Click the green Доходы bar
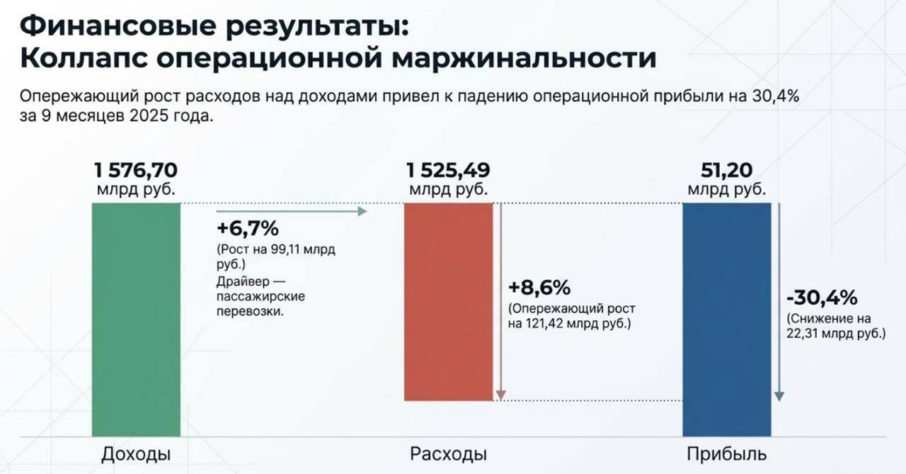click(x=136, y=319)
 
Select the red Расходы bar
click(x=448, y=302)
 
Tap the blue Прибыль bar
click(x=726, y=319)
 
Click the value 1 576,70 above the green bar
click(x=136, y=171)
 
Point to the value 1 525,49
click(x=448, y=171)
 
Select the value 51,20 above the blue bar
click(x=726, y=171)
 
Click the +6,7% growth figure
click(x=248, y=229)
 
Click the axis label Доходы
click(x=136, y=454)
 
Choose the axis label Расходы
click(x=448, y=454)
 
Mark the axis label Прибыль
click(x=726, y=454)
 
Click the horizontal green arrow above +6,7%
click(x=290, y=210)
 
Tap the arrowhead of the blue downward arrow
click(x=779, y=395)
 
